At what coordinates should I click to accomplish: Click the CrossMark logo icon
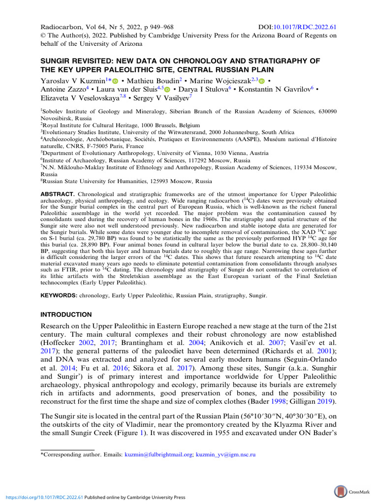coord(340,491)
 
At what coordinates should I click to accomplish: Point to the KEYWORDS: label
coord(58,297)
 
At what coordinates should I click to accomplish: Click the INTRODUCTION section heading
coord(66,315)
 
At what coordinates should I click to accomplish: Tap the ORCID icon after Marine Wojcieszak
coord(262,81)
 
